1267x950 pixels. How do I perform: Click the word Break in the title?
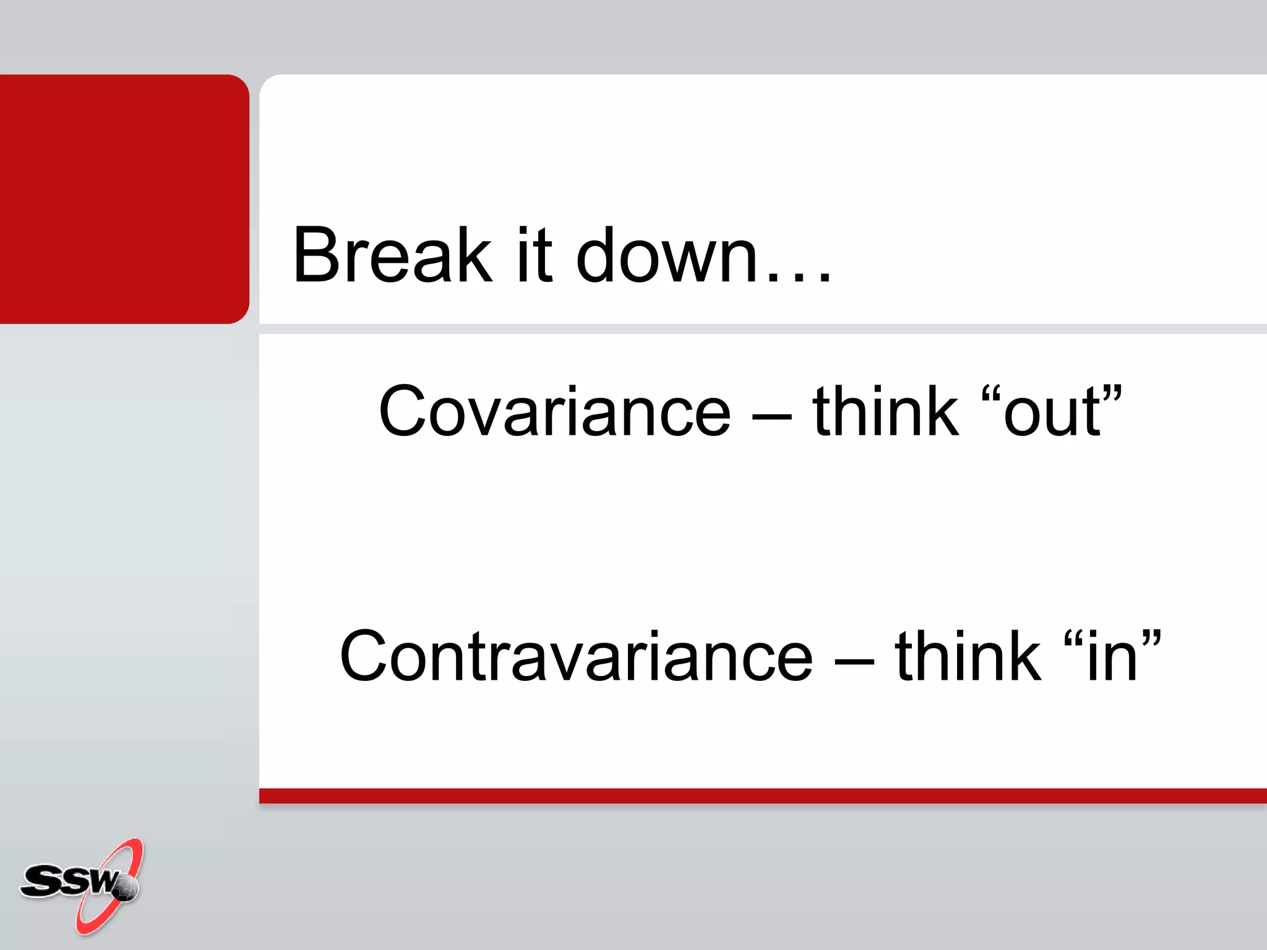tap(392, 255)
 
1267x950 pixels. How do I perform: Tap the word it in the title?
tap(534, 255)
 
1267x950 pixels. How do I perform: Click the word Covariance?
tap(555, 411)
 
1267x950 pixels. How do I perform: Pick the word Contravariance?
tap(576, 656)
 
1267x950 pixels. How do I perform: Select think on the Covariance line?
tap(885, 411)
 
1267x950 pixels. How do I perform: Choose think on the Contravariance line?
tap(968, 656)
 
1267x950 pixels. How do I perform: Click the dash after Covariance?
tap(771, 416)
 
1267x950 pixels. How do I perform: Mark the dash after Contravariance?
tap(854, 661)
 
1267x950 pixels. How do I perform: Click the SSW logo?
tap(81, 884)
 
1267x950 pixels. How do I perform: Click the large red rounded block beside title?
tap(124, 199)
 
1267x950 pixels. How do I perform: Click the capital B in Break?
tap(314, 255)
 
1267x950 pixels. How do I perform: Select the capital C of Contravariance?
tap(366, 656)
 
